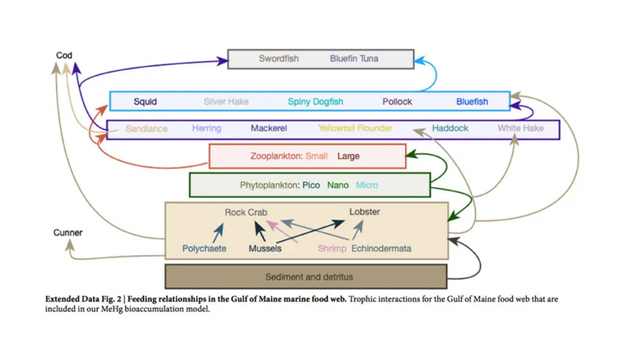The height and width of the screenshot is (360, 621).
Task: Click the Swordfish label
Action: (x=279, y=59)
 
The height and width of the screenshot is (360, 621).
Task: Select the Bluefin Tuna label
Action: (x=354, y=59)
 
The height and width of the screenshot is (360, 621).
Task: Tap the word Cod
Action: (x=64, y=55)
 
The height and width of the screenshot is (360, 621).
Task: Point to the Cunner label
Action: (x=68, y=232)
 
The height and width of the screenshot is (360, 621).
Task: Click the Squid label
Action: (x=145, y=101)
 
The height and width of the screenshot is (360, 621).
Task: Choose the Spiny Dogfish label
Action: (x=315, y=101)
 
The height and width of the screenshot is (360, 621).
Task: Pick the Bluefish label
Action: (x=472, y=101)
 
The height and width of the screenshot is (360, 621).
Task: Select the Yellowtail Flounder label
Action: (x=355, y=128)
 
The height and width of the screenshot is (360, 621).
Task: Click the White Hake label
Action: (x=520, y=128)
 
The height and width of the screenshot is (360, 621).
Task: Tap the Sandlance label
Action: (x=146, y=128)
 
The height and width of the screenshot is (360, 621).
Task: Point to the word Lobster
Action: (x=364, y=212)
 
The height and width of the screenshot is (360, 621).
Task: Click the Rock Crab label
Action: (x=246, y=212)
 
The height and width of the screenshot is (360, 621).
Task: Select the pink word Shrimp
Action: (x=332, y=248)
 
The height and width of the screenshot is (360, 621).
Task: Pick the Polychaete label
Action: (x=204, y=248)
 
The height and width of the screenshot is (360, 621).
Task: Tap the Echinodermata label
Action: (x=381, y=248)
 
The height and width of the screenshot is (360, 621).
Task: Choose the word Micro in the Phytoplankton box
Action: (x=367, y=185)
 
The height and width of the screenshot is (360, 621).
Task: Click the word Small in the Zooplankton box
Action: (x=317, y=156)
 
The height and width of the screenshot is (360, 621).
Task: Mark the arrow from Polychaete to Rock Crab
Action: (x=217, y=232)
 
